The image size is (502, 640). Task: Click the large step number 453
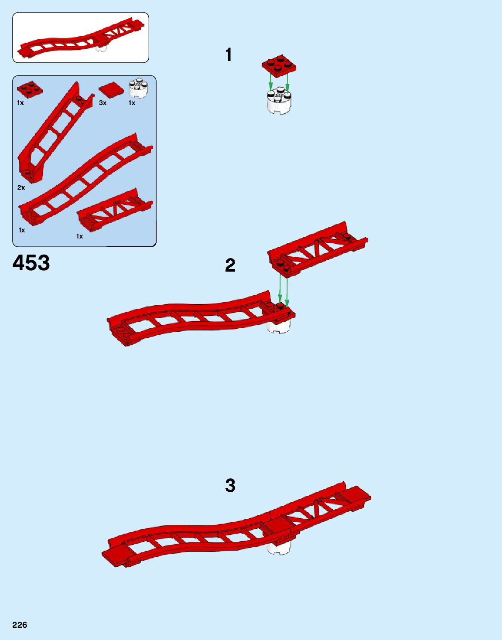[31, 263]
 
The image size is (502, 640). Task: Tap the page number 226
[20, 625]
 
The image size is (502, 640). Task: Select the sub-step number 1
[229, 55]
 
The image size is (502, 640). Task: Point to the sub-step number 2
[230, 265]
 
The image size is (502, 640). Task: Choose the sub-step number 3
[230, 485]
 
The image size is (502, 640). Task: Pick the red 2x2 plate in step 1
[279, 65]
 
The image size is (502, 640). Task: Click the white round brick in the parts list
[138, 89]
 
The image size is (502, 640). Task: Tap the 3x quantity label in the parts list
[102, 103]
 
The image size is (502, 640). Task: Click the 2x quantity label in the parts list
[21, 187]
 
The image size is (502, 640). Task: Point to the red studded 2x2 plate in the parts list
[30, 89]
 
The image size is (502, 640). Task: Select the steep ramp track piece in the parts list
[52, 131]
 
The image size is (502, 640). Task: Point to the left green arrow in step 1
[270, 82]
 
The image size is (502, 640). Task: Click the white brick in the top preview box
[101, 48]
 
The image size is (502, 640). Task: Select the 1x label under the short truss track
[79, 236]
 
